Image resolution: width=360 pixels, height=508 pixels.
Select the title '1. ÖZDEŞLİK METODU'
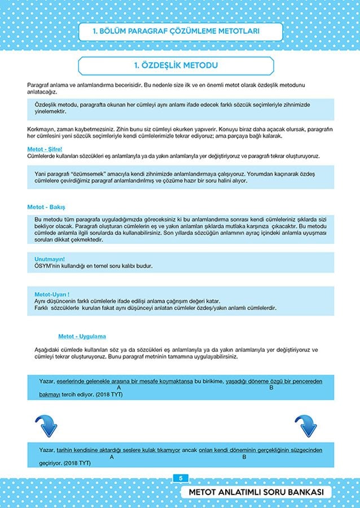click(x=176, y=65)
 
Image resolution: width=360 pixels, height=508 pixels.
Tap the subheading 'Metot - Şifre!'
click(x=45, y=149)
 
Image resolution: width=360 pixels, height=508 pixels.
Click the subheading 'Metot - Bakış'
click(x=46, y=207)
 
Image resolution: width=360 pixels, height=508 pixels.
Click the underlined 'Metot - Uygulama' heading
click(x=82, y=336)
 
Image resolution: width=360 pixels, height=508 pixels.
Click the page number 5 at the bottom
click(x=180, y=478)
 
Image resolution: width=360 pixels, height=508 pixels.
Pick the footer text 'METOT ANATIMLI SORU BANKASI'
click(x=260, y=493)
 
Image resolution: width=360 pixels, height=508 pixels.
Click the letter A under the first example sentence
click(x=120, y=388)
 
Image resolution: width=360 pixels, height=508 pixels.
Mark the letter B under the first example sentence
click(x=271, y=388)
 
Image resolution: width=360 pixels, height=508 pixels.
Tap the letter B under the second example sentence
click(x=244, y=457)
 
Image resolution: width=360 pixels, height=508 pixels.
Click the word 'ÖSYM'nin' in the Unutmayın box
click(x=47, y=266)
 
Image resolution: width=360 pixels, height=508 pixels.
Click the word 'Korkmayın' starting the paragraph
click(x=40, y=129)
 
